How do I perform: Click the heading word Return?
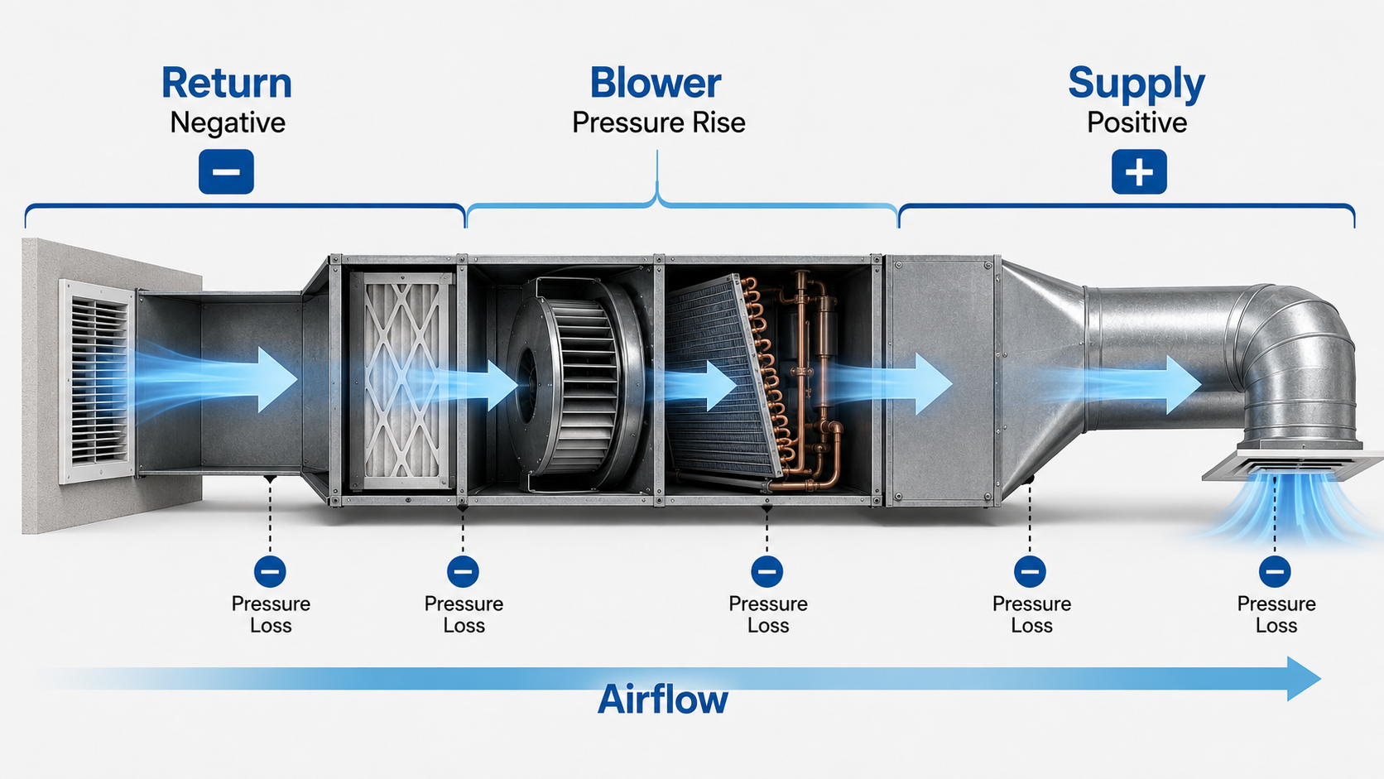point(226,83)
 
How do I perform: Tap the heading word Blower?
point(656,83)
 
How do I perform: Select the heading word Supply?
point(1137,85)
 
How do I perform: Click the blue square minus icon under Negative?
point(226,171)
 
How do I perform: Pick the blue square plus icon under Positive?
point(1139,171)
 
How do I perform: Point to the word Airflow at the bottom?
point(663,700)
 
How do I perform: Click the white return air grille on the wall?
point(98,381)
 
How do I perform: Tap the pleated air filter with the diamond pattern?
point(401,381)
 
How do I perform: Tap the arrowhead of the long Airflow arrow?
point(1304,679)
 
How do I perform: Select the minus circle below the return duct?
point(270,571)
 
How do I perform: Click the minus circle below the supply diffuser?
point(1275,571)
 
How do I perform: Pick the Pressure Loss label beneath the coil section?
point(768,615)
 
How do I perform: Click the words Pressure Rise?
point(659,123)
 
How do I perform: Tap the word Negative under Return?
point(228,123)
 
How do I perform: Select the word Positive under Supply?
point(1137,123)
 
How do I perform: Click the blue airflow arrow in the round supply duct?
point(1137,384)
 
